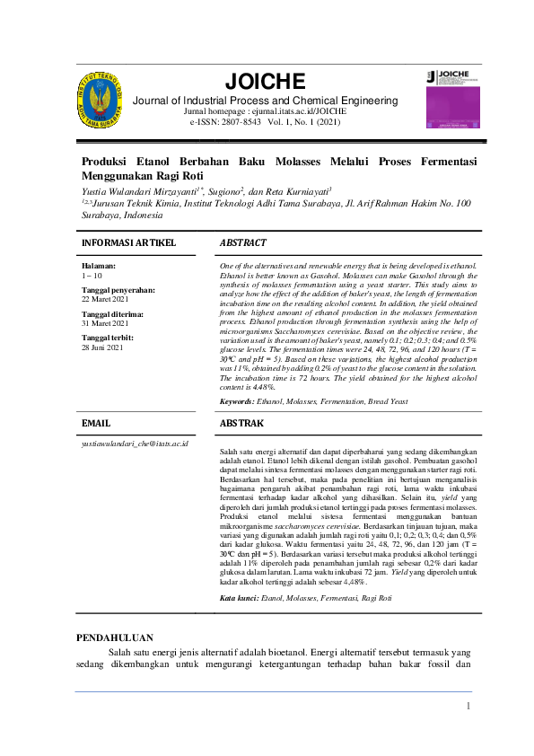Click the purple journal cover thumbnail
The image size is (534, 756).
(x=452, y=101)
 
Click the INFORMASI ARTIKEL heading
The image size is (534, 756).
(x=128, y=243)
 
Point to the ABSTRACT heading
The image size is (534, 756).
(x=242, y=243)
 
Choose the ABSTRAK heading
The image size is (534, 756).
(x=241, y=422)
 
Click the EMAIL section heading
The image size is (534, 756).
(x=96, y=422)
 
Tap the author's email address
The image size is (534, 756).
(x=135, y=444)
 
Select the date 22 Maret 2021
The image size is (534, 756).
(x=106, y=299)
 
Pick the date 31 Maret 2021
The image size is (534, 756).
(x=106, y=322)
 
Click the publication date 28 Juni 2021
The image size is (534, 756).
(x=104, y=347)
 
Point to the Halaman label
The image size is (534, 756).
(x=99, y=267)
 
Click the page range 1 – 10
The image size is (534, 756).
(x=91, y=276)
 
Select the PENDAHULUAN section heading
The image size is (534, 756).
(x=114, y=637)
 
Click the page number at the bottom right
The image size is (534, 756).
(x=468, y=707)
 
